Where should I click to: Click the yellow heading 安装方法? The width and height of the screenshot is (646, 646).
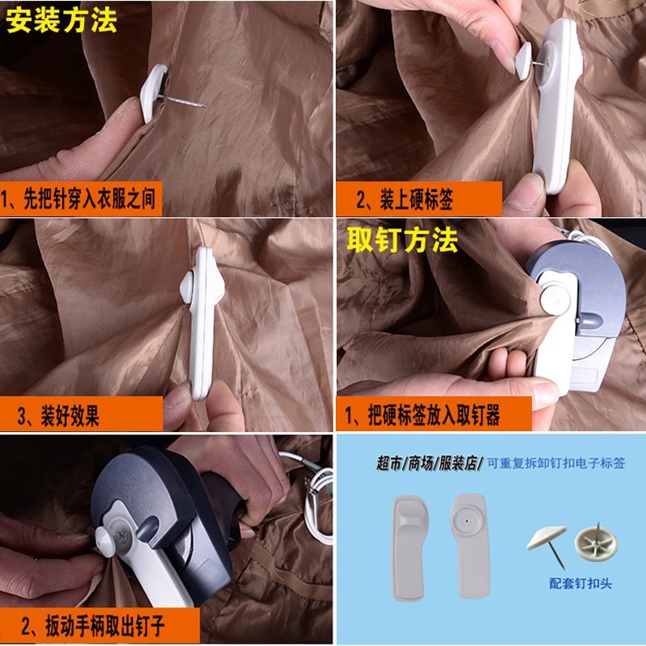pos(61,21)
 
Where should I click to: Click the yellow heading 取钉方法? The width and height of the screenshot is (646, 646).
pos(402,240)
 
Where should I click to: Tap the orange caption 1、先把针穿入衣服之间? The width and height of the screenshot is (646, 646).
pos(78,199)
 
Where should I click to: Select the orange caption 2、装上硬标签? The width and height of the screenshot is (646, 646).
pos(405,199)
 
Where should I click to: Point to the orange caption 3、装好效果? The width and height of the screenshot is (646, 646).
pos(57,415)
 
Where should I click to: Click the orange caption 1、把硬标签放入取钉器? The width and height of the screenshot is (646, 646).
pos(422,414)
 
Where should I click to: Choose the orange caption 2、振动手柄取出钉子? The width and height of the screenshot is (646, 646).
pos(93,626)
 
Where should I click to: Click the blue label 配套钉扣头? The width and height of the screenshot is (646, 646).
pos(581,583)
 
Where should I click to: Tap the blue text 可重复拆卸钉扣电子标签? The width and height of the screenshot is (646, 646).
pos(556,463)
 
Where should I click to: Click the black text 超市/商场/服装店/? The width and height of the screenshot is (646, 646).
pos(430,464)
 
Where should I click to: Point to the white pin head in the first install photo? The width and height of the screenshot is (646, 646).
pos(153,93)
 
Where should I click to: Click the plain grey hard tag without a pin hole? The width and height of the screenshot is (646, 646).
pos(410,548)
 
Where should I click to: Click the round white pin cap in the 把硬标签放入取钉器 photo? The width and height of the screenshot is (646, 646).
pos(556,300)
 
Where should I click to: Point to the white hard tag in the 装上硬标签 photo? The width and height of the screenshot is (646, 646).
pos(556,105)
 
